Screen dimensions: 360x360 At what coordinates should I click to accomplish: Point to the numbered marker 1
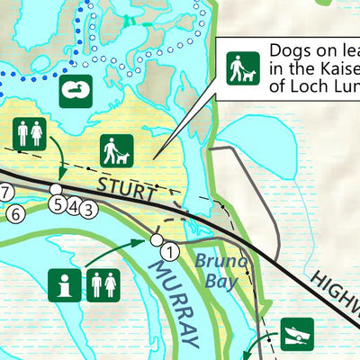coord(168,253)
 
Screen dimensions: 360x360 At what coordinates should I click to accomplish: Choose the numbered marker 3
coord(87,210)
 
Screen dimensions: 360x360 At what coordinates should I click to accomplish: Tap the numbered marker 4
coord(72,206)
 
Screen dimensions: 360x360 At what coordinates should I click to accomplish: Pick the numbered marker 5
coord(58,204)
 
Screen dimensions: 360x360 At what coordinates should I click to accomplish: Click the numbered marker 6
coord(14,213)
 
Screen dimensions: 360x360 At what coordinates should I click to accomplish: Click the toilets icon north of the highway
coord(30,133)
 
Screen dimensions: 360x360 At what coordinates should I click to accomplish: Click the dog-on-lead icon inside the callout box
coord(243,67)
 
